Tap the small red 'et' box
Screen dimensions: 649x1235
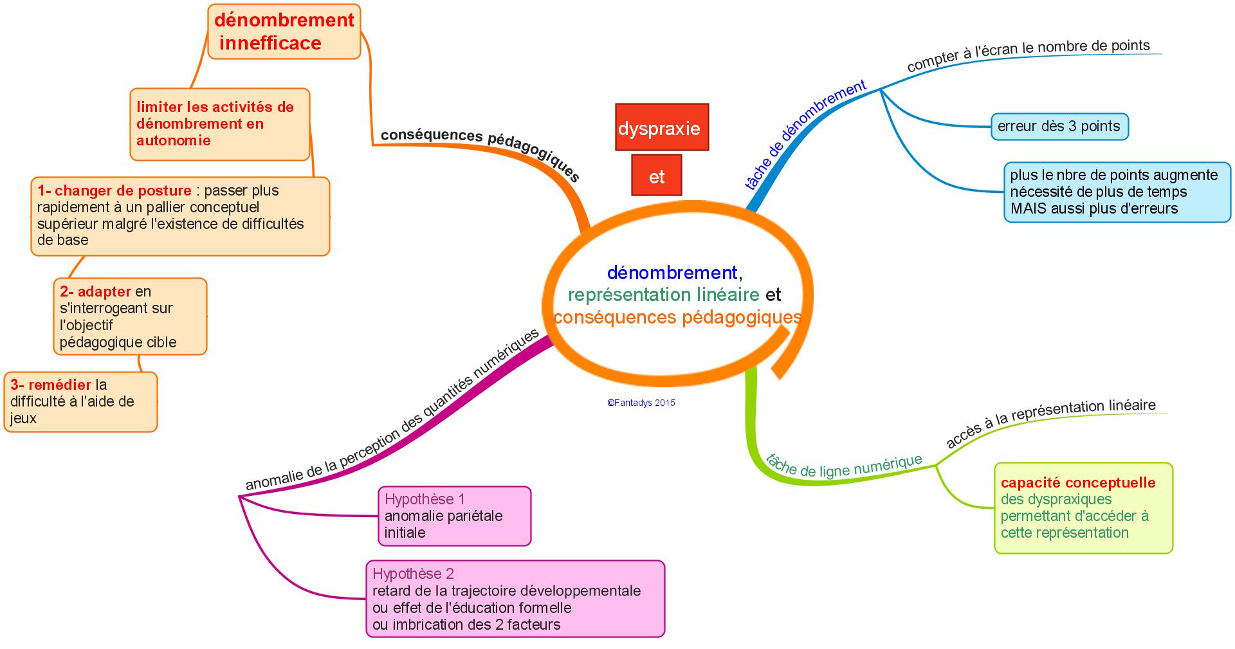(656, 175)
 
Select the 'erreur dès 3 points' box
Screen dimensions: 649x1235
(1059, 126)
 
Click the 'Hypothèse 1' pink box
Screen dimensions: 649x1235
(454, 516)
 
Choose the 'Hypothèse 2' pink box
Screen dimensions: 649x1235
(515, 599)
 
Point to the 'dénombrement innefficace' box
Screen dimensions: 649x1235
(284, 32)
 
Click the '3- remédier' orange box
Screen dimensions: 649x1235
(80, 401)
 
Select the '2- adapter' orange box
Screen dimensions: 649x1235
(130, 316)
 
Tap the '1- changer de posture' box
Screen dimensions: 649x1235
(180, 215)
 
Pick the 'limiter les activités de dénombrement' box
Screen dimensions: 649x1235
(219, 124)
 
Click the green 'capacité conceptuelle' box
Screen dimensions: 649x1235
(1083, 507)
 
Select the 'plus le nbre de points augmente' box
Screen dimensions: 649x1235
(1117, 192)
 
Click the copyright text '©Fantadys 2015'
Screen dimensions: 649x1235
(641, 403)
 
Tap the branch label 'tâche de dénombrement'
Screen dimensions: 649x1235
(805, 135)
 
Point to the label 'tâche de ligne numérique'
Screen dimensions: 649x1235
(844, 466)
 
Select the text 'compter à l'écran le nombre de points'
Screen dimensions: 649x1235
(1028, 54)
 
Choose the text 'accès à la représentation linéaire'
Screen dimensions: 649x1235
(1051, 422)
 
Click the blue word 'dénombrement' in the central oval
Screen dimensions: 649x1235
(672, 273)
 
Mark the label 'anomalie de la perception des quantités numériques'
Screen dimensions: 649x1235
(392, 412)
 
